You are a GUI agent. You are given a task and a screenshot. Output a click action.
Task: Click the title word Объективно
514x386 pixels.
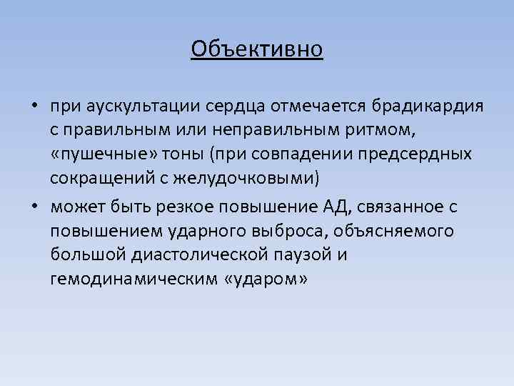[x=257, y=49]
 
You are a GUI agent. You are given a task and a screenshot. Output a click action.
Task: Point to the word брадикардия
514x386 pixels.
[x=425, y=107]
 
